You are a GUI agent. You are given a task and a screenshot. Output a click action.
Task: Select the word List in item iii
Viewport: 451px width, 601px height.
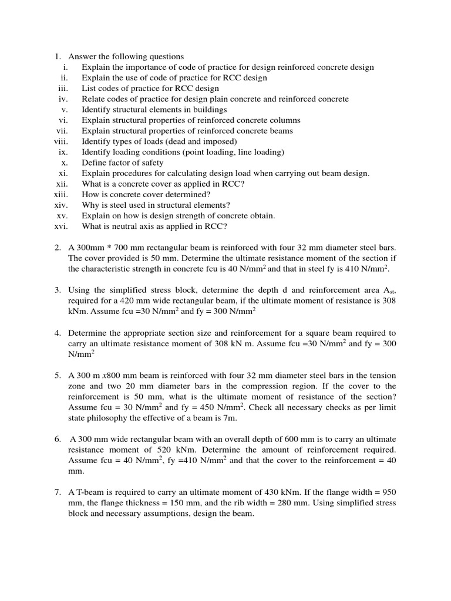89,89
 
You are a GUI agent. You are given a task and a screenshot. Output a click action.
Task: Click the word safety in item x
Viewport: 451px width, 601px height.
151,163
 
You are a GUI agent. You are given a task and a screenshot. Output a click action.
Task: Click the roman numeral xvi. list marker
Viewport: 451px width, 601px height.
61,226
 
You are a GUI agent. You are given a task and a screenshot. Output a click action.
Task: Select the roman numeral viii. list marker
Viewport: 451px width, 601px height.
61,141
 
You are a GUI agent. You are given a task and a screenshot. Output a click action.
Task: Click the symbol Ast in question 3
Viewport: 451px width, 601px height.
389,290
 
